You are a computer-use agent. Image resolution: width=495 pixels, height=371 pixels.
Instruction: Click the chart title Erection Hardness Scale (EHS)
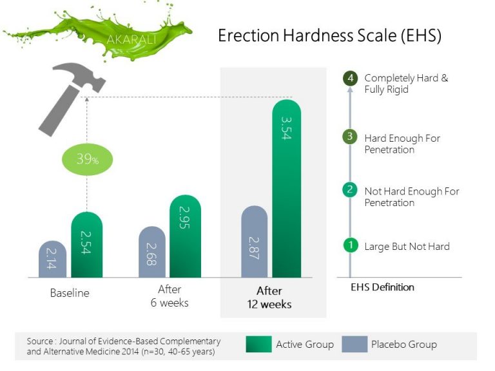(x=329, y=35)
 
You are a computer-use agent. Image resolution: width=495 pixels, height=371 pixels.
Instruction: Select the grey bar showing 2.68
(x=152, y=252)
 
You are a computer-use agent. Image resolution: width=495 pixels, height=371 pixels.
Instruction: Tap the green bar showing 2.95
(x=186, y=236)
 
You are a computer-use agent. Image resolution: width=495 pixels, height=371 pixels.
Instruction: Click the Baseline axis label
(x=70, y=293)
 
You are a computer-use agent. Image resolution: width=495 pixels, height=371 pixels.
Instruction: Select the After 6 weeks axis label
(x=170, y=296)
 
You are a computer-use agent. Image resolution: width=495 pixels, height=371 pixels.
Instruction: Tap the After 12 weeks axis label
(x=269, y=298)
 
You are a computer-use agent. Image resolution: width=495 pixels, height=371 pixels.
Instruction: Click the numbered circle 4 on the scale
(x=350, y=79)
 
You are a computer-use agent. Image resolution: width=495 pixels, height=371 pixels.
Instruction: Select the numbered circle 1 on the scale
(x=350, y=245)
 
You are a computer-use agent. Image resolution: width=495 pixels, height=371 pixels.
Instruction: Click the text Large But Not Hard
(x=407, y=246)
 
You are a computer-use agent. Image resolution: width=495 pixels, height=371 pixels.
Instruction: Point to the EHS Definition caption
(x=382, y=287)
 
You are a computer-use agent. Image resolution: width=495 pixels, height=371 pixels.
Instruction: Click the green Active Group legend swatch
(x=258, y=345)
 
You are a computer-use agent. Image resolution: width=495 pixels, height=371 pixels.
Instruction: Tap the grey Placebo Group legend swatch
(x=354, y=345)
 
